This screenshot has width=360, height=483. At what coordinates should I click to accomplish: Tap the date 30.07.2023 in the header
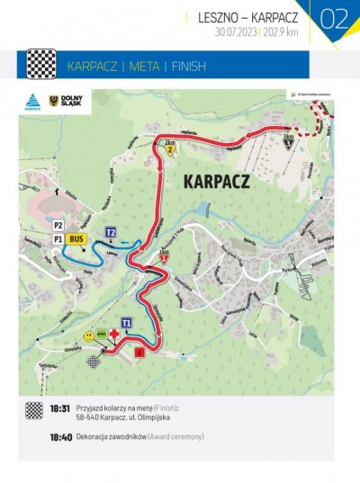pos(235,31)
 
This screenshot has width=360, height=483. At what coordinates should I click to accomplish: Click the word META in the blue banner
pos(144,66)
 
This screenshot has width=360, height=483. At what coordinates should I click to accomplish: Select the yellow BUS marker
pos(76,239)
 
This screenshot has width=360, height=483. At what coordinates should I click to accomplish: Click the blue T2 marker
pos(112,232)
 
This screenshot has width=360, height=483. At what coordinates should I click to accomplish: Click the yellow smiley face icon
pos(89,335)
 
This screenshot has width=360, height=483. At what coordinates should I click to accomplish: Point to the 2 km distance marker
pos(169,148)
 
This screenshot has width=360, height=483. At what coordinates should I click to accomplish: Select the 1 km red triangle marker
pos(163,258)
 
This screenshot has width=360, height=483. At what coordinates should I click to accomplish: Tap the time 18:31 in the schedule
pos(60,408)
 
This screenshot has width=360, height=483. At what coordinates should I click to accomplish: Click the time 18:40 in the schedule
pos(60,436)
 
